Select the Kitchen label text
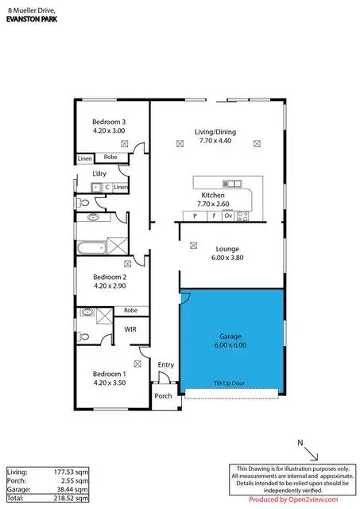point(212,195)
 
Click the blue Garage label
point(230,336)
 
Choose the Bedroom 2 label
point(109,276)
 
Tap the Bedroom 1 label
point(109,374)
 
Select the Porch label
point(163,396)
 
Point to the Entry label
point(165,365)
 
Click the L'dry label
point(99,173)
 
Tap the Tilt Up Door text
point(229,383)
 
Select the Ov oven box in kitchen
point(227,216)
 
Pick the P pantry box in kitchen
point(195,216)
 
